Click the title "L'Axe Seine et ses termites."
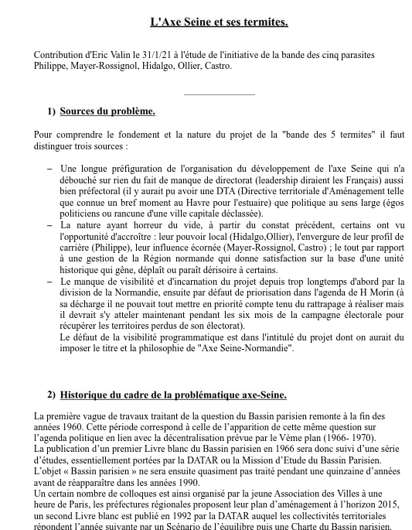click(219, 22)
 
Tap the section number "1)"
click(51, 111)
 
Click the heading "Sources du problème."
click(107, 111)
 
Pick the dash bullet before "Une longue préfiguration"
click(50, 168)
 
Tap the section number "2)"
click(51, 395)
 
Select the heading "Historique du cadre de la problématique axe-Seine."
click(173, 395)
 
